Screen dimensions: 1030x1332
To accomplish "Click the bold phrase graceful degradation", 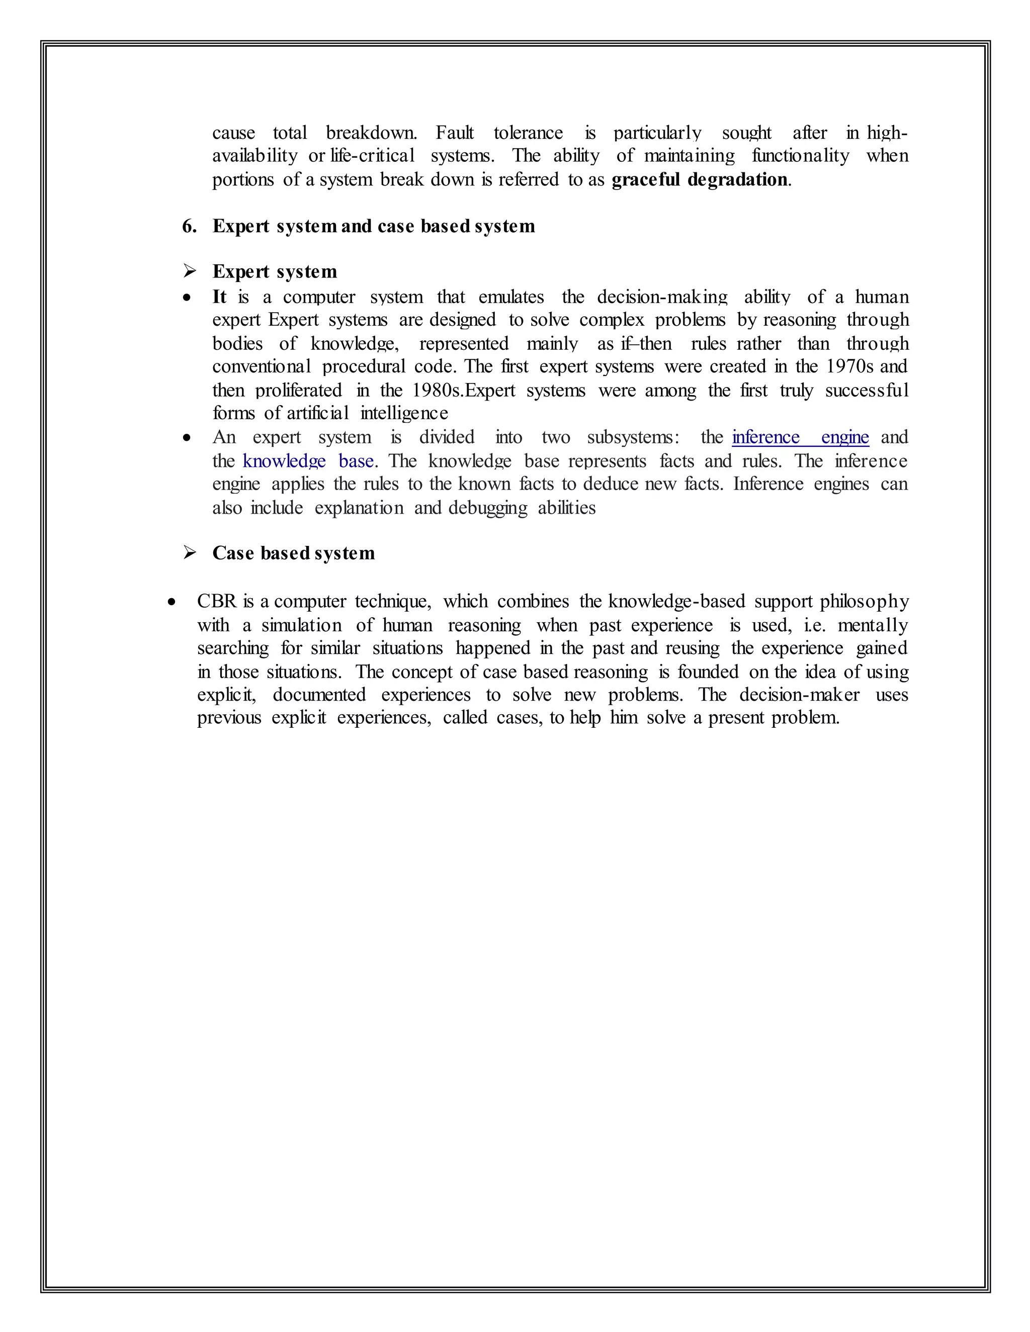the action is [x=699, y=180].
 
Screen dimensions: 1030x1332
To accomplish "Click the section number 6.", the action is [x=189, y=226].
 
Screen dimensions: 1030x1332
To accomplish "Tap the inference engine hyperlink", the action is [x=800, y=437].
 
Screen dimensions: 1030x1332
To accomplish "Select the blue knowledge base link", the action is [x=308, y=461].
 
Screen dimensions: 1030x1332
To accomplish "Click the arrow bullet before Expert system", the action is [x=190, y=271].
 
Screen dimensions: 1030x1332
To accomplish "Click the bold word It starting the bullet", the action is [x=219, y=297].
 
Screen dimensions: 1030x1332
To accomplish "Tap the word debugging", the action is [x=487, y=508].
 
